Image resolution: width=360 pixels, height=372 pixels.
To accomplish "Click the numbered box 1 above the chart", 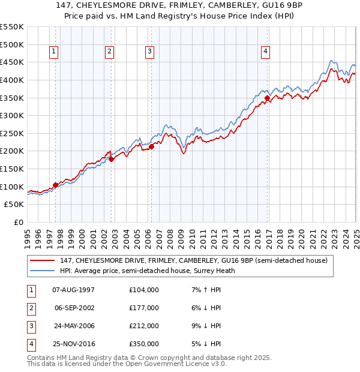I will (x=54, y=52).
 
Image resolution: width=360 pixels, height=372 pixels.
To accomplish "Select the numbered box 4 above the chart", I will (x=265, y=52).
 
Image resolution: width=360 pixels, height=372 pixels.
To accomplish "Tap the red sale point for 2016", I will (x=267, y=98).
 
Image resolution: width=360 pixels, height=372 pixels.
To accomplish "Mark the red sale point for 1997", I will (x=56, y=185).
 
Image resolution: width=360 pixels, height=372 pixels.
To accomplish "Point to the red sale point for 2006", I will (x=152, y=146).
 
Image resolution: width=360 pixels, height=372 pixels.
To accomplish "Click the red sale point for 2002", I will (x=111, y=159).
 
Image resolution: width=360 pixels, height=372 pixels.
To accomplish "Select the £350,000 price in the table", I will (x=144, y=344).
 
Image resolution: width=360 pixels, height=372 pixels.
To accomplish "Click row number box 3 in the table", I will (x=31, y=326).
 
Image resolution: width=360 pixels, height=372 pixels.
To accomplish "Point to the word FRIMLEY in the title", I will (x=163, y=5).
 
